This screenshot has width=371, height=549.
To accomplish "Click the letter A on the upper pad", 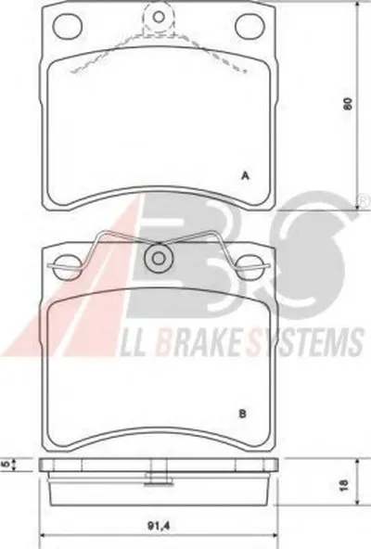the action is click(246, 176).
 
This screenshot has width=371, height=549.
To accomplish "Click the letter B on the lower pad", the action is click(242, 415).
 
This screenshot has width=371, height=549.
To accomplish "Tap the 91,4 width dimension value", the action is click(159, 526).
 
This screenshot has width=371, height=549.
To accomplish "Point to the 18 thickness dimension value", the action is click(344, 484).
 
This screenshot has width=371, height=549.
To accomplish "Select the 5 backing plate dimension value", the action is click(6, 465).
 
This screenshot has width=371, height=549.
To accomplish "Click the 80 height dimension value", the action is click(347, 104).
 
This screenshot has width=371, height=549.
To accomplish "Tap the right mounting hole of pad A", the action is click(249, 26).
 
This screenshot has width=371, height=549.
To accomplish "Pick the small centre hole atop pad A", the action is click(160, 16).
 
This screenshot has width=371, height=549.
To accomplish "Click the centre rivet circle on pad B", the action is click(159, 259).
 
